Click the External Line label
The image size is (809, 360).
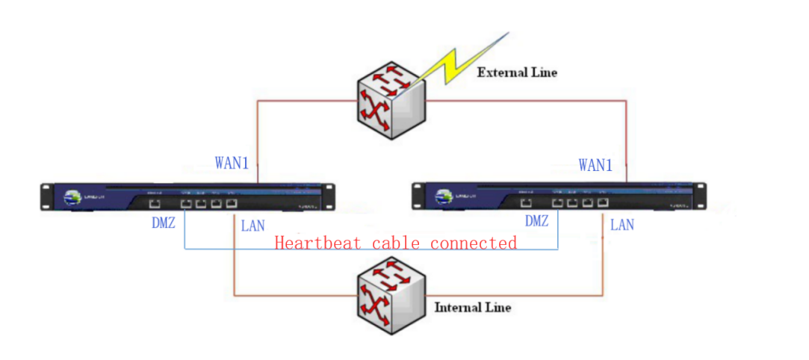pos(517,72)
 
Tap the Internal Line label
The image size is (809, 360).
pos(472,307)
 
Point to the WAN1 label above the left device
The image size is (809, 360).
pos(232,164)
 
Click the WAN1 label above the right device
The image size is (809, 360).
pos(595,165)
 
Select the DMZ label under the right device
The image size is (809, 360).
pos(536,221)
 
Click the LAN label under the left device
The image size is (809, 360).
pos(252,225)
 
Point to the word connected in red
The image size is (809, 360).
pos(473,243)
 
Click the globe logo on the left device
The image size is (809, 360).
pos(72,197)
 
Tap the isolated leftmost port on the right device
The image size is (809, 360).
pos(526,202)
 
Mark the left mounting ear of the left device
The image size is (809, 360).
pos(46,196)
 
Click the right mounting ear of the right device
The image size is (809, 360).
pos(701,197)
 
